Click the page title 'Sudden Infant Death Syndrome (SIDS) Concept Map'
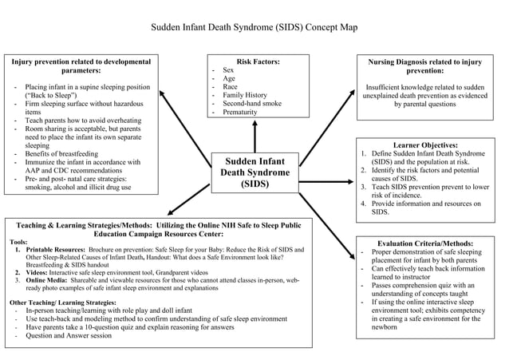click(x=254, y=27)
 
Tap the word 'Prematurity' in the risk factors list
click(x=240, y=113)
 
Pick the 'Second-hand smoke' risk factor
click(x=252, y=103)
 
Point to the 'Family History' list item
click(x=245, y=95)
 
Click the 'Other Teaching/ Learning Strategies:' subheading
click(x=63, y=303)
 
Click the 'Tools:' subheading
click(x=18, y=241)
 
